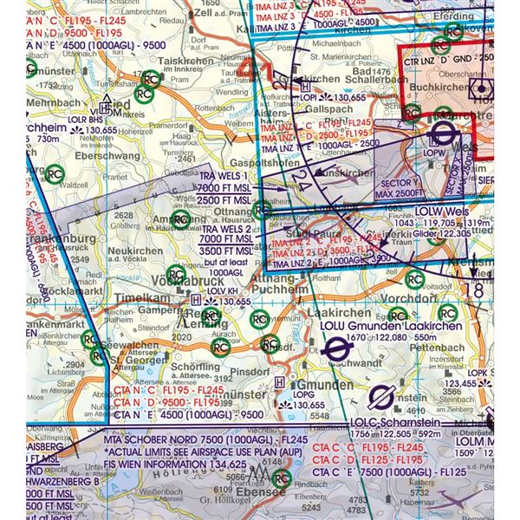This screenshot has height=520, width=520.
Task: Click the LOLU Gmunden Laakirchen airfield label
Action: [407, 326]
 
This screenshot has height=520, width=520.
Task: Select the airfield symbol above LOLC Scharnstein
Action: [378, 398]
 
